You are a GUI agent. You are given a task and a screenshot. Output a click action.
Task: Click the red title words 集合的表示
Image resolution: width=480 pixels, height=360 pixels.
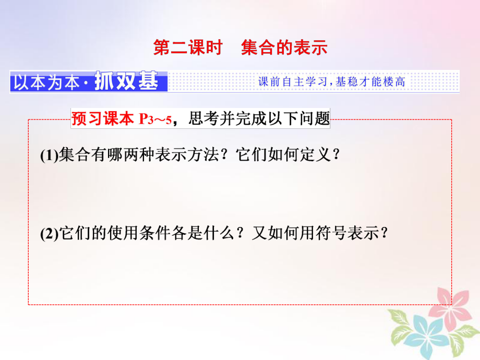click(284, 48)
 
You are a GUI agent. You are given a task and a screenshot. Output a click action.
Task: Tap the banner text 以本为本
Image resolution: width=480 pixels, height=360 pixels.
click(48, 83)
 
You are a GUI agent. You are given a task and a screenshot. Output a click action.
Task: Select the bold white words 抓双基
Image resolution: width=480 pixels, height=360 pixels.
click(126, 82)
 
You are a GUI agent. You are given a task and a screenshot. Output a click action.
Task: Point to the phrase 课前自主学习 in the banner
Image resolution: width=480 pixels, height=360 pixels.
click(293, 82)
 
